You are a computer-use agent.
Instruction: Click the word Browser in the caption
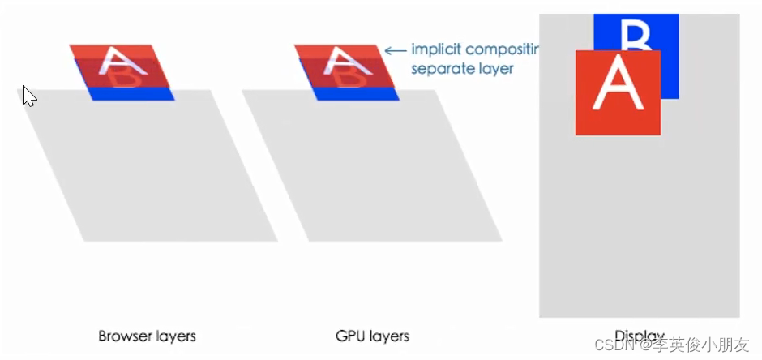[x=123, y=336]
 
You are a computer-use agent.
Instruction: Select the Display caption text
[x=640, y=336]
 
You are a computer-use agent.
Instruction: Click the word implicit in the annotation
[x=435, y=49]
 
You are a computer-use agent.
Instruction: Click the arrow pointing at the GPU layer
[x=394, y=50]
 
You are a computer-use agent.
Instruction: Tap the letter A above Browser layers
[x=118, y=61]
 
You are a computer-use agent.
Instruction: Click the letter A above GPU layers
[x=343, y=61]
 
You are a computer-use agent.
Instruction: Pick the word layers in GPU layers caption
[x=390, y=336]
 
